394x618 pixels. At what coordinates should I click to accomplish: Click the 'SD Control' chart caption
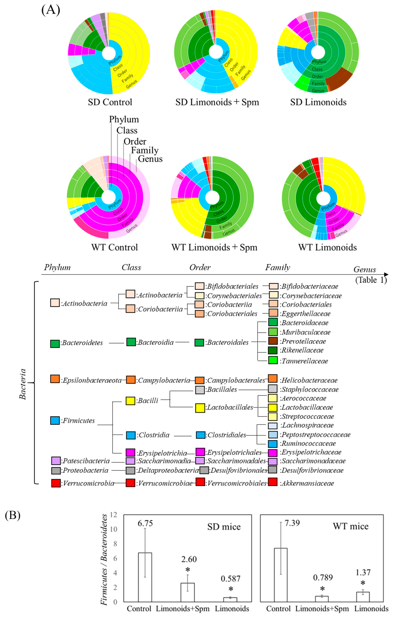coord(110,102)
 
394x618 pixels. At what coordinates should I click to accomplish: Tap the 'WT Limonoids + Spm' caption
coord(214,247)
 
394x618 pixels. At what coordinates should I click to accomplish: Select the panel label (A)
coord(51,10)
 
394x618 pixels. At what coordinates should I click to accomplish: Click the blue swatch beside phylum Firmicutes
coord(55,420)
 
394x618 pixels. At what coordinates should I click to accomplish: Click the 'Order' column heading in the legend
coord(200,267)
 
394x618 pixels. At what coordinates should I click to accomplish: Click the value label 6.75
coord(145,523)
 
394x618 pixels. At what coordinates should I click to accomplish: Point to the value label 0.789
coord(323,577)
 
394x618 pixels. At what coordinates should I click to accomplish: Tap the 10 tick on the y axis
coord(113,529)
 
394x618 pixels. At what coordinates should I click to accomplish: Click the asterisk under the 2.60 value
coord(188,570)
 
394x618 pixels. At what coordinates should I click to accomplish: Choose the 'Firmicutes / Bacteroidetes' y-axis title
coord(104,559)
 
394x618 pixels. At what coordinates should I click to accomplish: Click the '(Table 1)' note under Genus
coord(371,280)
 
